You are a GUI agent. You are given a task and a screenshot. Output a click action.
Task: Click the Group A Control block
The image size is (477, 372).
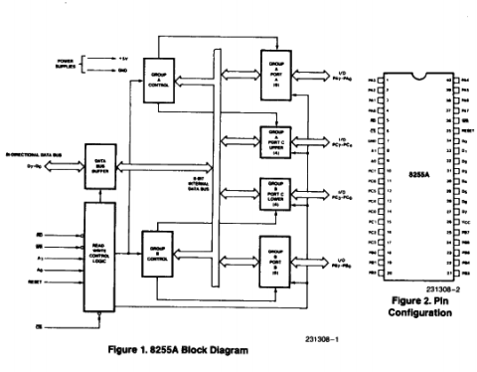(157, 77)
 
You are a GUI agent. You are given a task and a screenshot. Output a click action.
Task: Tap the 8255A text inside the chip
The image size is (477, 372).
(417, 175)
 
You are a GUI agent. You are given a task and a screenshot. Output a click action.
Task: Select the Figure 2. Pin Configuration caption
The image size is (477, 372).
(417, 304)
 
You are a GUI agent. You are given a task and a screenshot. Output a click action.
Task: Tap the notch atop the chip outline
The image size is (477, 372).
(418, 73)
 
